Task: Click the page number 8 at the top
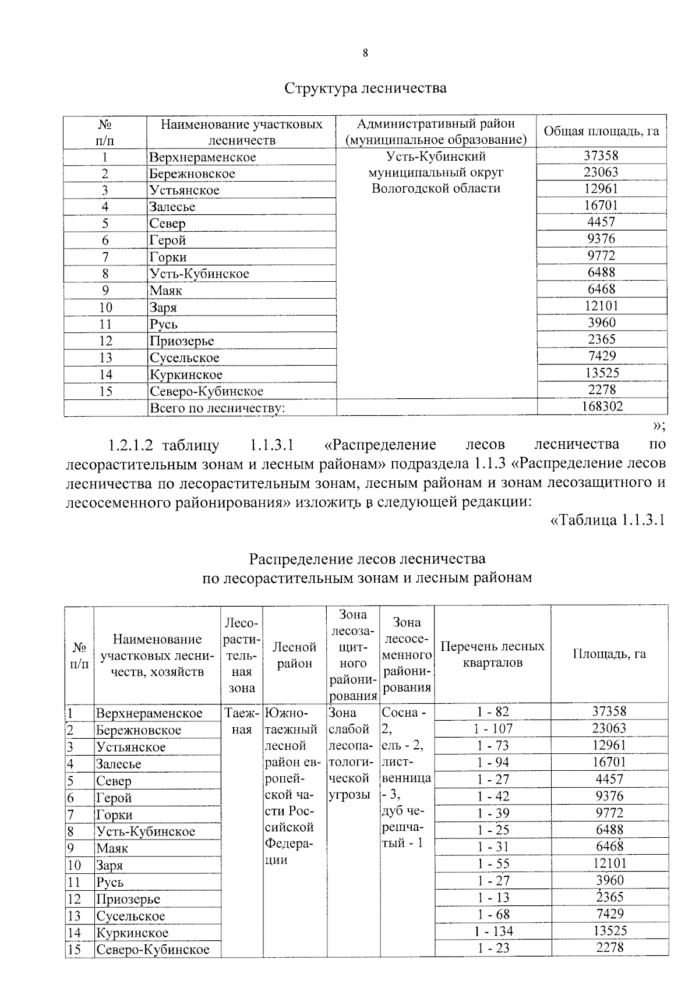click(x=365, y=54)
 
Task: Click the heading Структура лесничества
click(x=365, y=88)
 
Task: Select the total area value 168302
click(x=602, y=406)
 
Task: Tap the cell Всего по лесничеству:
click(x=217, y=408)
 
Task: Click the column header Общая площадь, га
click(x=601, y=131)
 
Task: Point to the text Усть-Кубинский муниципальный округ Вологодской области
click(x=436, y=172)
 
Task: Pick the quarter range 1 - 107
click(x=493, y=728)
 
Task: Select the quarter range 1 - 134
click(x=493, y=931)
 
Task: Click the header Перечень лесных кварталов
click(x=493, y=654)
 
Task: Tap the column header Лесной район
click(x=294, y=655)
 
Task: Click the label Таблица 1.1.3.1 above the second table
click(x=608, y=520)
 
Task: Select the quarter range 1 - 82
click(x=493, y=711)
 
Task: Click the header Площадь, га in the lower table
click(x=609, y=654)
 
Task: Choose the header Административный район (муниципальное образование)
click(x=436, y=132)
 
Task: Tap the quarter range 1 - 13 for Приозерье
click(x=493, y=897)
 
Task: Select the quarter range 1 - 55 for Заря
click(x=493, y=863)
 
